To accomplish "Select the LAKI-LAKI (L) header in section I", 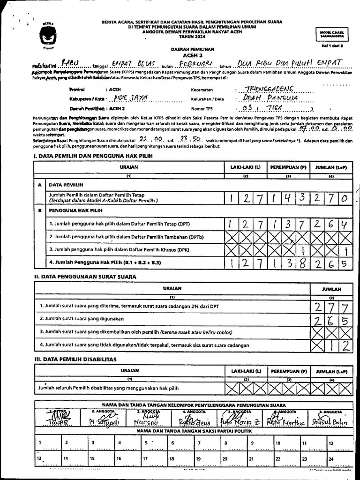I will point(245,167).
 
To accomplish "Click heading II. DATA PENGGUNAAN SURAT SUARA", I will point(85,277).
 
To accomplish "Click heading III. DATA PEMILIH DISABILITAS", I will point(75,359).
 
